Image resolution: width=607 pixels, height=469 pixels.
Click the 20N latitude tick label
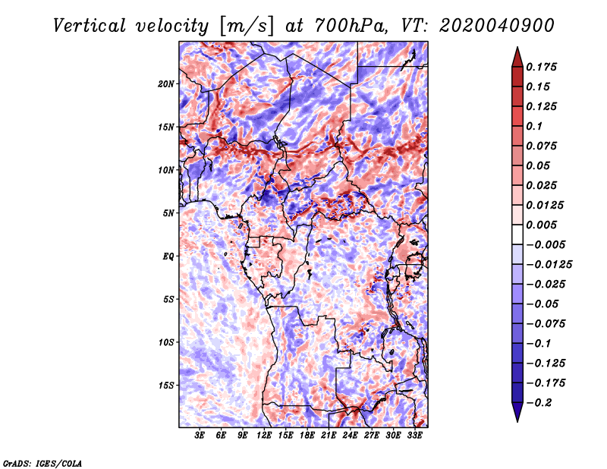166,83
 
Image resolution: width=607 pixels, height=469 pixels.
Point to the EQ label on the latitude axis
168,256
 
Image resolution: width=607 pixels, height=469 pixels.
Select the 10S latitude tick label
166,342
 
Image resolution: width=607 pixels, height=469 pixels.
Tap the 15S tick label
166,386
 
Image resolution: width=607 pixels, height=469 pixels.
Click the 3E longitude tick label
200,436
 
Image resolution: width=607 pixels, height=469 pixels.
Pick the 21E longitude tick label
329,436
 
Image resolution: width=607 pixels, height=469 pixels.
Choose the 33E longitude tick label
414,436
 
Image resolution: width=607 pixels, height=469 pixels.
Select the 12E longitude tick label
264,436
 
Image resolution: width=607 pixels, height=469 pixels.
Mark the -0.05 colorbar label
542,304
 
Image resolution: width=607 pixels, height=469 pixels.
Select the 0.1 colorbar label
534,126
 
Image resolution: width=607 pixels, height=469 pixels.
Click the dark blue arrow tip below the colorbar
517,417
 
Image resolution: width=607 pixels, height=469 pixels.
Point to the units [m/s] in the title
246,25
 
